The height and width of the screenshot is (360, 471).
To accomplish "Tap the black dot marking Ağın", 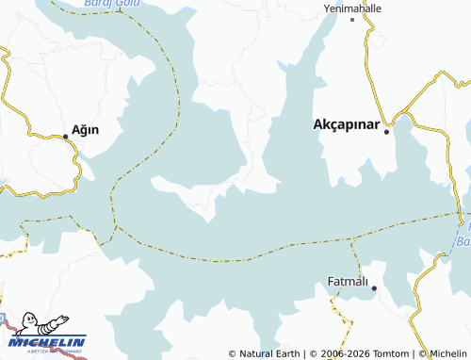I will point(65,137).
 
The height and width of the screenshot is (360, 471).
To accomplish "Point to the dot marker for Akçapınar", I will point(386,132).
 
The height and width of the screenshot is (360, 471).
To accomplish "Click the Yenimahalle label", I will point(352,7).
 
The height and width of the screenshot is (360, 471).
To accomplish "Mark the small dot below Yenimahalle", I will point(352,19).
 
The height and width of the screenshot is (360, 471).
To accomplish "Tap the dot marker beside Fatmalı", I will point(374,287).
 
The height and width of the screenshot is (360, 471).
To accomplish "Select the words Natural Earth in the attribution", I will point(267,353).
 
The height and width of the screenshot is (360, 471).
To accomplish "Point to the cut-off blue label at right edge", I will point(463,236).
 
